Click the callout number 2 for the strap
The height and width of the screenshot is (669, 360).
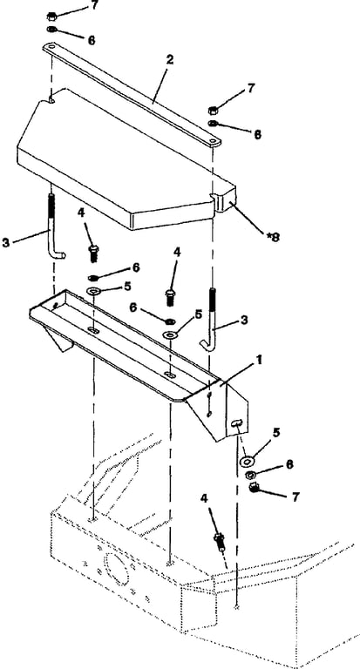tap(169, 59)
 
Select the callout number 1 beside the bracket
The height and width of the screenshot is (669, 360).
tap(258, 361)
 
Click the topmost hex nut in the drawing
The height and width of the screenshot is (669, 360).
tap(51, 17)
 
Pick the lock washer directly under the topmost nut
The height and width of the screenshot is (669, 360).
tap(51, 30)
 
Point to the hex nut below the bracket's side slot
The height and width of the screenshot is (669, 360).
tap(255, 487)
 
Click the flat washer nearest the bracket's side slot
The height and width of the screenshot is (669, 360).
tap(247, 461)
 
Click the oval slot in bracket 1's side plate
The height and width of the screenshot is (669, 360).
tap(235, 422)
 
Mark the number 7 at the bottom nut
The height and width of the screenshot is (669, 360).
tap(295, 497)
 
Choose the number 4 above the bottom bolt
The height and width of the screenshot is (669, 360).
tap(204, 498)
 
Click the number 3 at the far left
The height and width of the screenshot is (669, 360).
tap(5, 244)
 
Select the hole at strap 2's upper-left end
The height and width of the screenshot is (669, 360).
tap(51, 46)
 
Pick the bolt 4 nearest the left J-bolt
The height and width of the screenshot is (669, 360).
tap(93, 253)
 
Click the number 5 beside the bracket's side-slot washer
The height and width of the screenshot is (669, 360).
tap(276, 433)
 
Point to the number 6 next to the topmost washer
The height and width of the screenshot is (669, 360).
tap(91, 40)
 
